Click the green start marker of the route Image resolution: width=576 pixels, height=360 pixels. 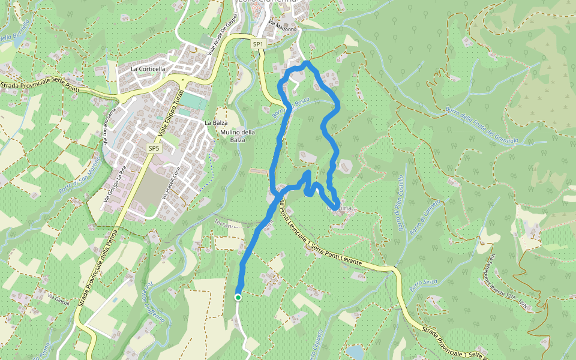point(238,297)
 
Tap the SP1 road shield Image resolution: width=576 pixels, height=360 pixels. point(258,44)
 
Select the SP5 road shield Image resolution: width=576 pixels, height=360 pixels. point(154,148)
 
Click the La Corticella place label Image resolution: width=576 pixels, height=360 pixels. point(148,69)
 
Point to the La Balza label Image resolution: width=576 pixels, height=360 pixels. point(216,123)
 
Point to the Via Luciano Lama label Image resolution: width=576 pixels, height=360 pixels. point(108,127)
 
